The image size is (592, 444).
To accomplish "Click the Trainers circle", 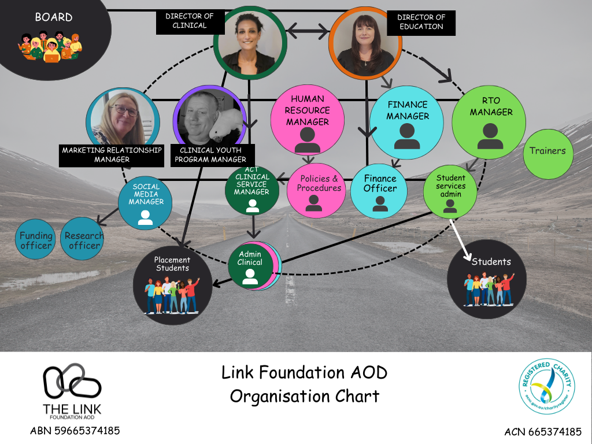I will pyautogui.click(x=547, y=151).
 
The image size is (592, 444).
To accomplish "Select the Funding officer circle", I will pyautogui.click(x=36, y=240).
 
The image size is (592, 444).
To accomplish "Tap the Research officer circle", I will pyautogui.click(x=84, y=240).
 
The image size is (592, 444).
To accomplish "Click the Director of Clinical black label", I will pyautogui.click(x=189, y=21).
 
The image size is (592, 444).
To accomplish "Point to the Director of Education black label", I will pyautogui.click(x=421, y=22).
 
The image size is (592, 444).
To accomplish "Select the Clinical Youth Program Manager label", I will pyautogui.click(x=213, y=155).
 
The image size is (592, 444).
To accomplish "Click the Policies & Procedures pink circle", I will pyautogui.click(x=315, y=190).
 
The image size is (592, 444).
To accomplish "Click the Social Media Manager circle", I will pyautogui.click(x=145, y=202).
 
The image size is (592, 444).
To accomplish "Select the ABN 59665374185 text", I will pyautogui.click(x=75, y=431).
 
